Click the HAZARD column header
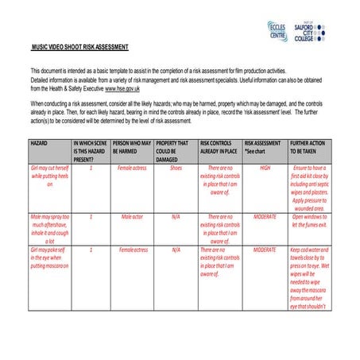(39, 141)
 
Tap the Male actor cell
(132, 216)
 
